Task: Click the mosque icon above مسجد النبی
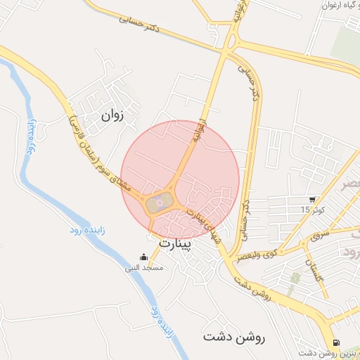point(144,257)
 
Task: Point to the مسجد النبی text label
point(144,268)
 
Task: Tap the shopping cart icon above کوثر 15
point(311,200)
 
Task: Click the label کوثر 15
point(311,210)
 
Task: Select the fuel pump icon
point(334,343)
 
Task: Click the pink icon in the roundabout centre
point(160,204)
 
